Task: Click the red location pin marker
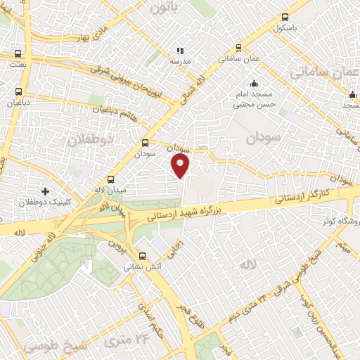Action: [181, 166]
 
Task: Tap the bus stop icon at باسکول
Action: [285, 18]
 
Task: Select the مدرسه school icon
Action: [179, 51]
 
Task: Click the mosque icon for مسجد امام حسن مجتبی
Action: [254, 84]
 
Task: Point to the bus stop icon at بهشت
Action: [18, 53]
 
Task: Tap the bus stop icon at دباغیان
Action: [18, 91]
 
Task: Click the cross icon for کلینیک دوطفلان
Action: [46, 191]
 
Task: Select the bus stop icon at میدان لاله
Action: [110, 179]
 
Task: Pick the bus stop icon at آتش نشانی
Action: [143, 257]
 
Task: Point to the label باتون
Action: [166, 7]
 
